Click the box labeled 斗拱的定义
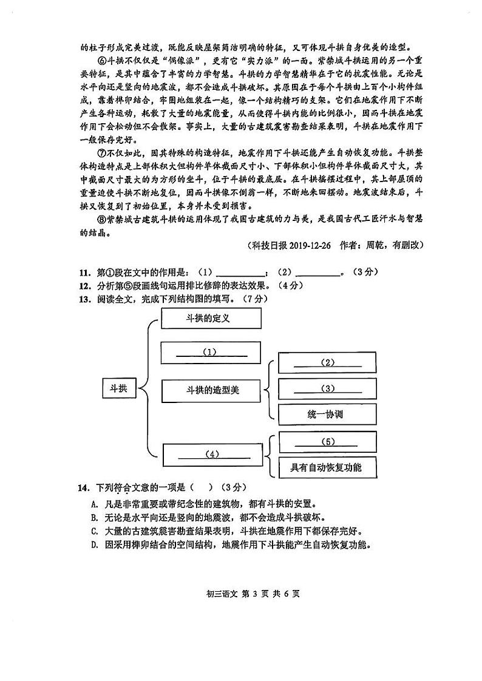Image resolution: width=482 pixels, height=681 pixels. click(211, 317)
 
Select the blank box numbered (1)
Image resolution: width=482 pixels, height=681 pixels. click(211, 352)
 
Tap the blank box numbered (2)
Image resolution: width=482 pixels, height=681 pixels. click(327, 363)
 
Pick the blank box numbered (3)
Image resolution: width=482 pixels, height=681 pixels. click(327, 389)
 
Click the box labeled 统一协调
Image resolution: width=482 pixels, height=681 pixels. click(327, 415)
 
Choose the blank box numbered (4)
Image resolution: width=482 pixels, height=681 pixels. click(212, 454)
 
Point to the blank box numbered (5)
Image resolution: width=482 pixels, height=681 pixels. click(327, 442)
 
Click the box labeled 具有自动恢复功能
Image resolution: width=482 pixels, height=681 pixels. click(327, 467)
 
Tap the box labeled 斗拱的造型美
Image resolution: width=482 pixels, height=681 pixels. click(211, 390)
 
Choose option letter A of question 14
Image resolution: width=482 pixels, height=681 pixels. click(94, 504)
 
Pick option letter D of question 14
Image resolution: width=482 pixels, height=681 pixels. click(94, 544)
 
